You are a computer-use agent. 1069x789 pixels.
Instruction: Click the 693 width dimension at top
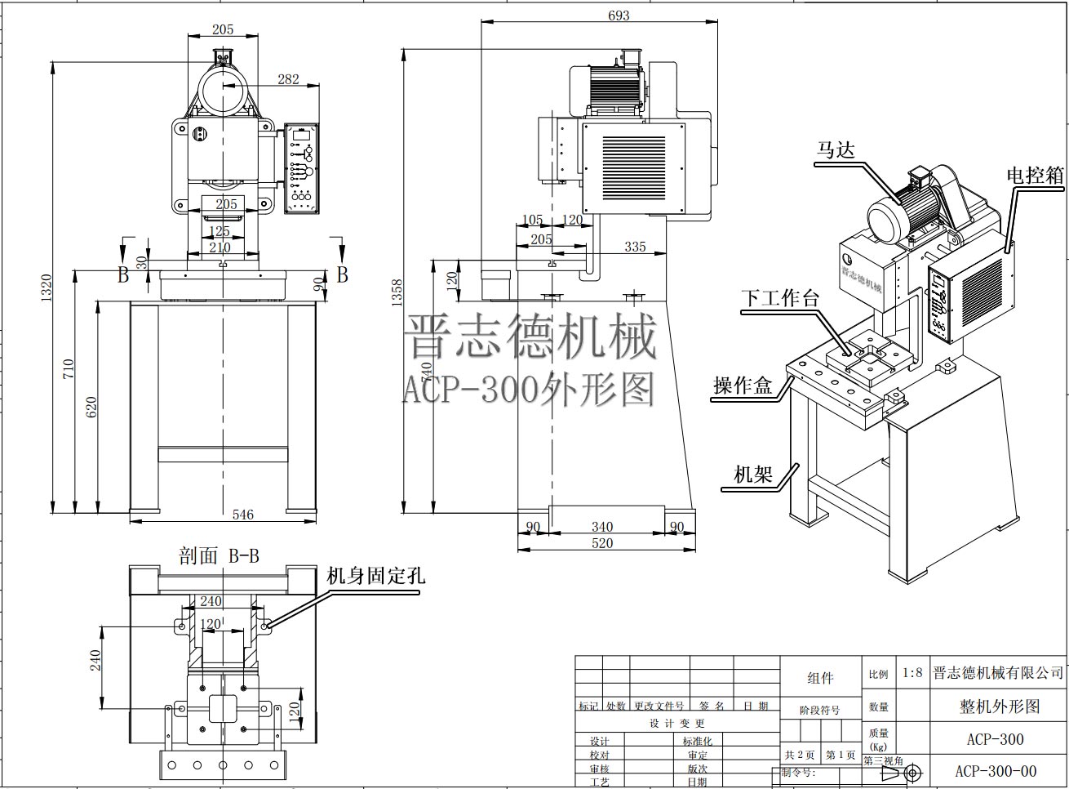point(619,15)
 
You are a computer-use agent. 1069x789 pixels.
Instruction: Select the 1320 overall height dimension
point(46,287)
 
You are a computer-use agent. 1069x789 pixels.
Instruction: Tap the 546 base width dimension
point(242,515)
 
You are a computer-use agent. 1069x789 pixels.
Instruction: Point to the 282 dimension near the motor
point(288,79)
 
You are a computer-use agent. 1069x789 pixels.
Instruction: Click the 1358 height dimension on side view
point(397,292)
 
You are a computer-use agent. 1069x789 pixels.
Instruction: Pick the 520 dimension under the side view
point(601,543)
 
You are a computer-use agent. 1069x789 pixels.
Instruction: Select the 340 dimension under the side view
point(601,527)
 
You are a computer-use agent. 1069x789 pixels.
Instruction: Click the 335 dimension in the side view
point(635,247)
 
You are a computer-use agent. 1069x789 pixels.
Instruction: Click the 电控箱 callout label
point(1035,175)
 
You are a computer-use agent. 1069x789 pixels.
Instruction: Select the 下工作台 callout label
point(779,298)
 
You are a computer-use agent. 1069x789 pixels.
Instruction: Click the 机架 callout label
point(752,474)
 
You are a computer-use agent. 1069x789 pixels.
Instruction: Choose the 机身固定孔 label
point(375,575)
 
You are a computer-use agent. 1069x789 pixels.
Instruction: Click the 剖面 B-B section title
point(219,556)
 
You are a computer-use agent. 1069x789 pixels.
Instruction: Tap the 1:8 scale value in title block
point(912,673)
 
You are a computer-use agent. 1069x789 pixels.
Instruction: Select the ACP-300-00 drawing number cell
point(996,771)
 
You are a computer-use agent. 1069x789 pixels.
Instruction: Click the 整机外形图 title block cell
point(1000,707)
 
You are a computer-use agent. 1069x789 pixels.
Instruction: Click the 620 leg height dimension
point(91,406)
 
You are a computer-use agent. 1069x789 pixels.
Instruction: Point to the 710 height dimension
point(69,369)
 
